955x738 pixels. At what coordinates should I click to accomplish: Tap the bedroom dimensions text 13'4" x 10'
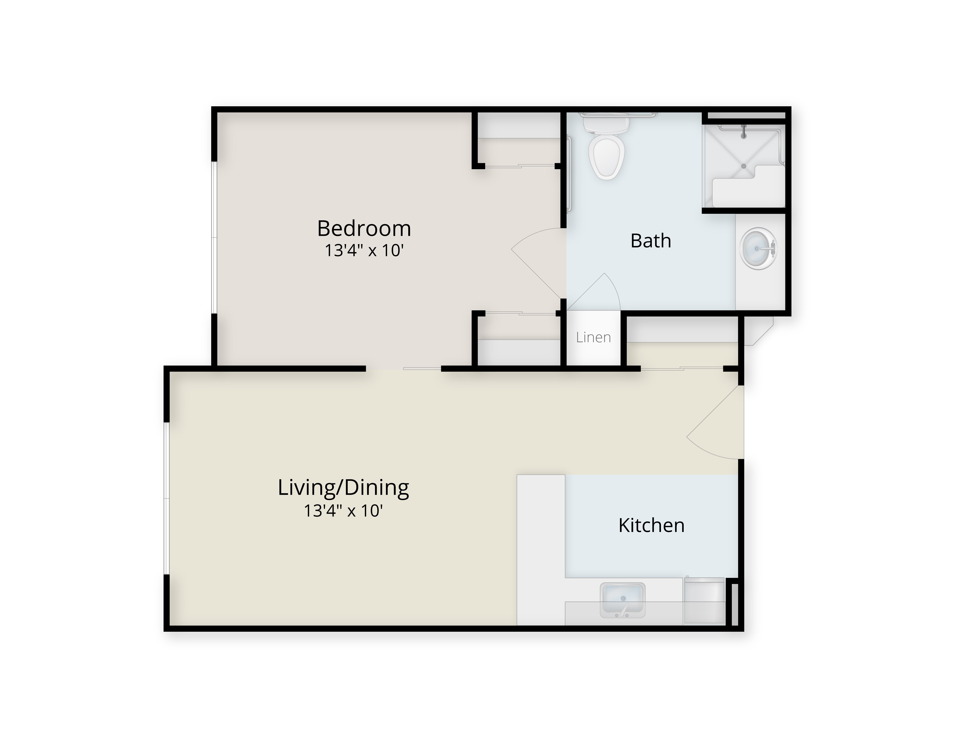364,250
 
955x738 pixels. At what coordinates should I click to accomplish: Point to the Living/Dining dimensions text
344,510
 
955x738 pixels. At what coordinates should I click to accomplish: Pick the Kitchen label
651,525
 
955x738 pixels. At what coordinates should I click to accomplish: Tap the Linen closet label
593,337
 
